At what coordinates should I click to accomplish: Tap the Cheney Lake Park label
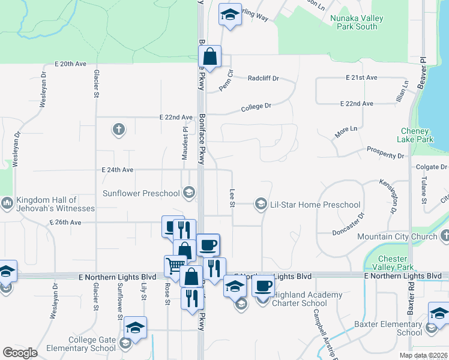tap(415, 135)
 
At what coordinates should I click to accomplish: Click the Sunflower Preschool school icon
tap(188, 193)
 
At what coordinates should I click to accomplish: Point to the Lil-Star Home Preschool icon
tap(261, 205)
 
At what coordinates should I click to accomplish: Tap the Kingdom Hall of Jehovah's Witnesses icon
tap(7, 204)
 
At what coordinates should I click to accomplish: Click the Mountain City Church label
tap(397, 237)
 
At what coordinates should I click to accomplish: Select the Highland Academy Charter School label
tap(306, 299)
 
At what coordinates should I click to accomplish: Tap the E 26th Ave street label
tap(66, 223)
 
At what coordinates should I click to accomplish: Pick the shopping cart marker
tap(175, 265)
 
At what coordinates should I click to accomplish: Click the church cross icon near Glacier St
tap(118, 129)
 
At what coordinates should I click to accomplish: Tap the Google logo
tap(20, 352)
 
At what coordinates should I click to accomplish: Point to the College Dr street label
tap(256, 106)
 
